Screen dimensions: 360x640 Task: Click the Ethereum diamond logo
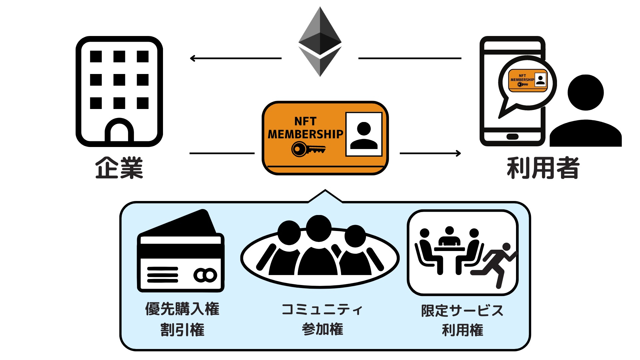click(320, 42)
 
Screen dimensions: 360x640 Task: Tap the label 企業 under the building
click(119, 168)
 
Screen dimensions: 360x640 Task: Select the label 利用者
click(543, 168)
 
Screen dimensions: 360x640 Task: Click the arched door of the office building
click(119, 132)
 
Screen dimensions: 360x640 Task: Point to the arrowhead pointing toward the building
click(193, 58)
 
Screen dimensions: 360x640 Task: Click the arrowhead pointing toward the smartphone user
click(458, 153)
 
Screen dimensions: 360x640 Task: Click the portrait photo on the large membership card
click(364, 134)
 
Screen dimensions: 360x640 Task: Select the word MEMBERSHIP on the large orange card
click(305, 134)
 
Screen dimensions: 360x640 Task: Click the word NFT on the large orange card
click(305, 121)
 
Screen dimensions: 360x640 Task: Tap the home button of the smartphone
click(512, 137)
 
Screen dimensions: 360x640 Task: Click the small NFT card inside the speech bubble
click(528, 80)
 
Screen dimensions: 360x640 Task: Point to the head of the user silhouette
click(586, 92)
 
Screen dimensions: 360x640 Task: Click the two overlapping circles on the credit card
click(205, 275)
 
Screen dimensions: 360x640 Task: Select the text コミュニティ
click(322, 310)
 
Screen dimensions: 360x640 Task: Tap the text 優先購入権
click(182, 309)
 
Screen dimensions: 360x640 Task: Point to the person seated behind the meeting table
click(449, 237)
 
